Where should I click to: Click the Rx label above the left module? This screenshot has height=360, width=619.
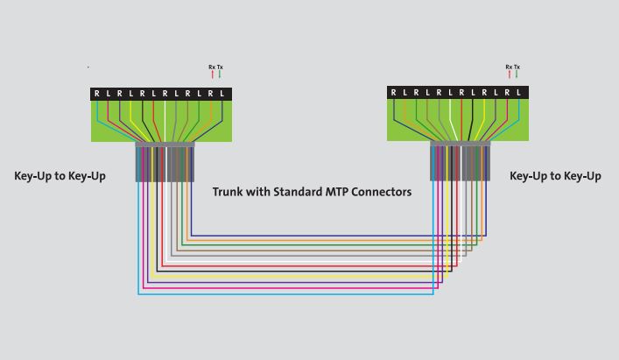pyautogui.click(x=212, y=67)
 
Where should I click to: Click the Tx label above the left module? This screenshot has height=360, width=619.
pyautogui.click(x=220, y=67)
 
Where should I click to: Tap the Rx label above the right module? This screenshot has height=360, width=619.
pyautogui.click(x=509, y=67)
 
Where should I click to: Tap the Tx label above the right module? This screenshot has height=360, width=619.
pyautogui.click(x=517, y=67)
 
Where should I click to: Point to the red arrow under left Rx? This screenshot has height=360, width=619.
pyautogui.click(x=212, y=75)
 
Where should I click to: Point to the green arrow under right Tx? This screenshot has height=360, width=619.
pyautogui.click(x=517, y=75)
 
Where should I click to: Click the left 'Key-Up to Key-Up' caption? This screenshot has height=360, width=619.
pyautogui.click(x=60, y=176)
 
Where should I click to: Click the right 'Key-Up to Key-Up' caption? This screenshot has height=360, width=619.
pyautogui.click(x=555, y=176)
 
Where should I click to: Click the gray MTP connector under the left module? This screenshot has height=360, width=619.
pyautogui.click(x=164, y=162)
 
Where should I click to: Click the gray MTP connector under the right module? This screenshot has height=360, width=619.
pyautogui.click(x=460, y=162)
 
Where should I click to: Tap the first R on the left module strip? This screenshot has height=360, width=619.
pyautogui.click(x=97, y=94)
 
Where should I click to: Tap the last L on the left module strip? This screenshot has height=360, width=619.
pyautogui.click(x=222, y=94)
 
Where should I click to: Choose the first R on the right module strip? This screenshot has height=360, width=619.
pyautogui.click(x=394, y=93)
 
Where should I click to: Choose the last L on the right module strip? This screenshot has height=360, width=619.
pyautogui.click(x=518, y=93)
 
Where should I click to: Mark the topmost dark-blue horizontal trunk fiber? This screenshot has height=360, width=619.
pyautogui.click(x=315, y=236)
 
